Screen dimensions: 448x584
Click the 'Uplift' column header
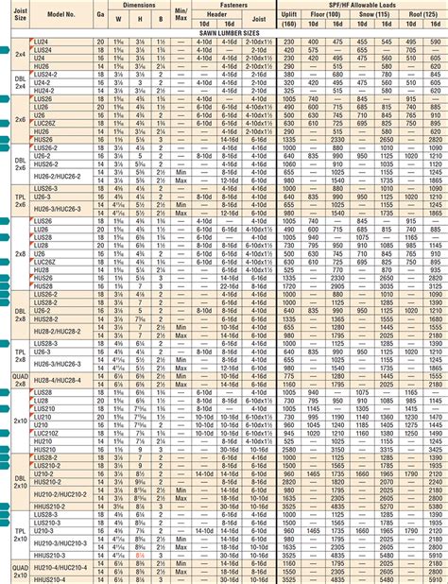[291, 16]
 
